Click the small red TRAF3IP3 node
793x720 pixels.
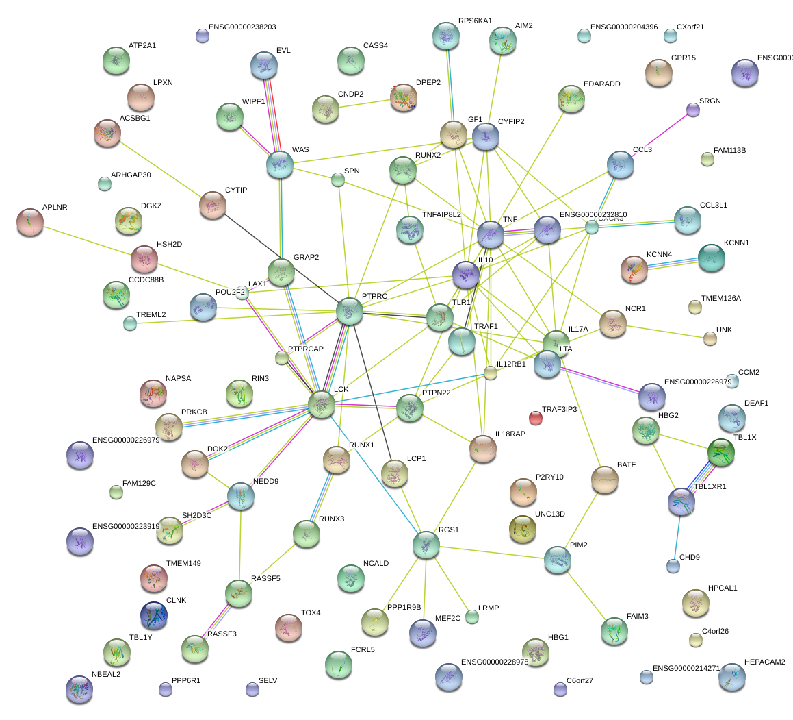pyautogui.click(x=536, y=417)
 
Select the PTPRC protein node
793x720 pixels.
pyautogui.click(x=350, y=312)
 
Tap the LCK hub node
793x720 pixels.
pyautogui.click(x=321, y=404)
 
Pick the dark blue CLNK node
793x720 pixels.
pyautogui.click(x=153, y=615)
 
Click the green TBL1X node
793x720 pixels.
pyautogui.click(x=720, y=452)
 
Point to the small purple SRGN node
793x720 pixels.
pyautogui.click(x=693, y=109)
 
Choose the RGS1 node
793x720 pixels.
pyautogui.click(x=426, y=545)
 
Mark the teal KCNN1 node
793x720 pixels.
pyautogui.click(x=711, y=258)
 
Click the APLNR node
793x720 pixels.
pyautogui.click(x=29, y=222)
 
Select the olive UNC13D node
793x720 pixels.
pyautogui.click(x=523, y=527)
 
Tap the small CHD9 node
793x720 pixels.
pyautogui.click(x=673, y=565)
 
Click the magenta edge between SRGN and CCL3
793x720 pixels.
pyautogui.click(x=661, y=134)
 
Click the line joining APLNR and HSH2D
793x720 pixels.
pyautogui.click(x=86, y=240)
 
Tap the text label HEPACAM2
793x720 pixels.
pyautogui.click(x=765, y=662)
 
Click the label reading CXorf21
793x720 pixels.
pyautogui.click(x=690, y=27)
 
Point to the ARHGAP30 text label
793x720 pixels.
pyautogui.click(x=131, y=175)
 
